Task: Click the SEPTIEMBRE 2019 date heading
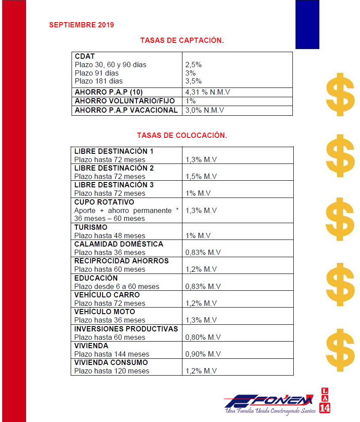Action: pos(81,25)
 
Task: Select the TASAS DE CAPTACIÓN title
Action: pos(182,40)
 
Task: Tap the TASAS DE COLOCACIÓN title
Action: pos(182,135)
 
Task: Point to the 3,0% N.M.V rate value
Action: pos(205,110)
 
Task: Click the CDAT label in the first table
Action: pos(85,57)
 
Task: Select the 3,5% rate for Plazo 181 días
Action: pos(193,81)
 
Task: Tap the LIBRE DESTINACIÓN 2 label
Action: pos(114,168)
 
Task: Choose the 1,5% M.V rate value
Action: pos(201,177)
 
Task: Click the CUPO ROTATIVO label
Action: pos(104,202)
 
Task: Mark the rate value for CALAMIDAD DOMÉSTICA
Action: pos(203,252)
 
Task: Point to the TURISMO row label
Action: pos(91,228)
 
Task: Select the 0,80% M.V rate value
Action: pos(203,337)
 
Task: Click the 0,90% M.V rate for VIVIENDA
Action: pos(203,354)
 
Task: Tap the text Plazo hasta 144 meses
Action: pos(112,354)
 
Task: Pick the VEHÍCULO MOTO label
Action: pos(105,312)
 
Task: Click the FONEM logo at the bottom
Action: pos(270,403)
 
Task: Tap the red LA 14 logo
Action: pos(325,400)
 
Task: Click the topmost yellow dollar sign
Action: pos(340,94)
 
